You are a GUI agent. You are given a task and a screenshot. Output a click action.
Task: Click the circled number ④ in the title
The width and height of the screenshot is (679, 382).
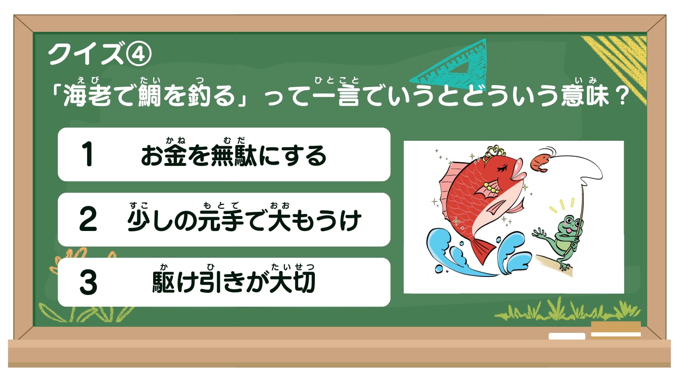139,54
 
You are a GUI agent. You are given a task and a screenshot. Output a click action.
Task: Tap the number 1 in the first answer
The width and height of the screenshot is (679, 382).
87,154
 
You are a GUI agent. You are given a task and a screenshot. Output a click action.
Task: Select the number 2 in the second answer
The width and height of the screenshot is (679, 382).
88,219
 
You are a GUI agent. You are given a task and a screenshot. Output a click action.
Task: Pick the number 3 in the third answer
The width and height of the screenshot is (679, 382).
88,282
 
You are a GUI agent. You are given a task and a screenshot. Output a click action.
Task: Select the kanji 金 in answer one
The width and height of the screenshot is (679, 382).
175,156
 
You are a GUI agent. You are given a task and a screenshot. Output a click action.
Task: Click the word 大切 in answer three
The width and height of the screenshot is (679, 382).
292,282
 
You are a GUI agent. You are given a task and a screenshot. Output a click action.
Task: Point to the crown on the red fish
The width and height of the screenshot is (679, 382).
494,152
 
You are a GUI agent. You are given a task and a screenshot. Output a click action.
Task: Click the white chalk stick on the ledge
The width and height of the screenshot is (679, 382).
567,336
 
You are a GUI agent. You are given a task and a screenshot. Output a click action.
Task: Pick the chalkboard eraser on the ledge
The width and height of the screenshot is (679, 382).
616,330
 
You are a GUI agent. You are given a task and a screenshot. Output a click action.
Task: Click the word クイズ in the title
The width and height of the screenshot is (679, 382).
87,54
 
